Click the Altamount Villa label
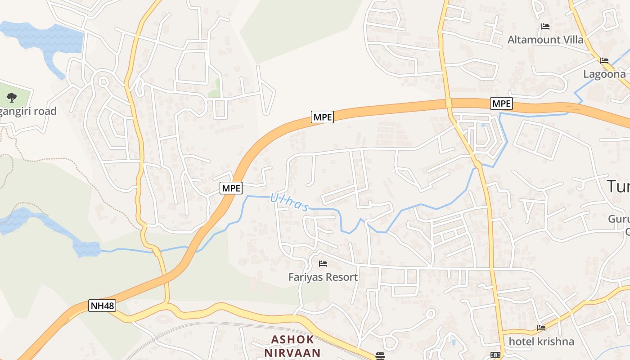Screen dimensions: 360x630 coord(545,40)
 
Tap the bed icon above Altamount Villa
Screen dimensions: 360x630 coord(545,27)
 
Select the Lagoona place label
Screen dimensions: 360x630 coord(604,74)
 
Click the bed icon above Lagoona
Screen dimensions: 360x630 coord(604,61)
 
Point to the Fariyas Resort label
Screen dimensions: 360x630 coord(323,277)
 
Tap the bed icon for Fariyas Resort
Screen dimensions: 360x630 coord(323,264)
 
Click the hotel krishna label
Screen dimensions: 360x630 coord(541,342)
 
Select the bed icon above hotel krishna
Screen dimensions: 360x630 coord(541,328)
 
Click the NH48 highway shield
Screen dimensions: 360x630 coord(103,306)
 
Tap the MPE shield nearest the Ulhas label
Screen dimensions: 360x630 coord(231,188)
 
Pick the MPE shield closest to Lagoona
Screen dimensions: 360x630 coord(501,103)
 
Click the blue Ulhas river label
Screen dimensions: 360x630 coord(290,202)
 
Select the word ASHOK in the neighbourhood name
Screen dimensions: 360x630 coord(292,339)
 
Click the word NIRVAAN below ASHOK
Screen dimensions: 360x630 coord(292,352)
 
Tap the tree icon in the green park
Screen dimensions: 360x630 coord(12,97)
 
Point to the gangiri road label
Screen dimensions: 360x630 coord(28,111)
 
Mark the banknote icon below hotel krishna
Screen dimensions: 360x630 coord(495,355)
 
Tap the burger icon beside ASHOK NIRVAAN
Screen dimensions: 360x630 coord(380,356)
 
